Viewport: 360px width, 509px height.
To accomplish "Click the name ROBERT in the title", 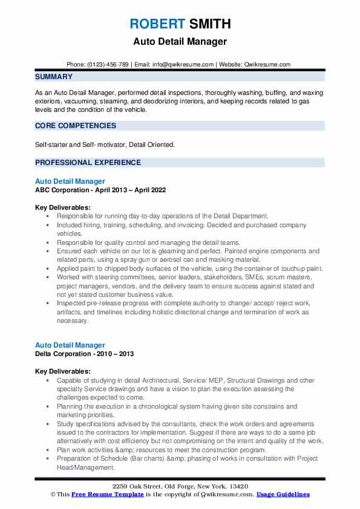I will click(x=157, y=24).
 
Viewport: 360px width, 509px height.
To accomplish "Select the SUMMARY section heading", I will click(x=54, y=77).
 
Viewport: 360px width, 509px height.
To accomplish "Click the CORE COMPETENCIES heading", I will click(x=76, y=126).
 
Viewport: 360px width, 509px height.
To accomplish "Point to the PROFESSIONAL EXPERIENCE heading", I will click(x=88, y=163).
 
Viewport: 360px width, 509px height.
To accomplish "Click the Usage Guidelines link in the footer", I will click(x=283, y=494).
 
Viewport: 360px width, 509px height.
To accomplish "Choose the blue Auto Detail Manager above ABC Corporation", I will click(x=70, y=181).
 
